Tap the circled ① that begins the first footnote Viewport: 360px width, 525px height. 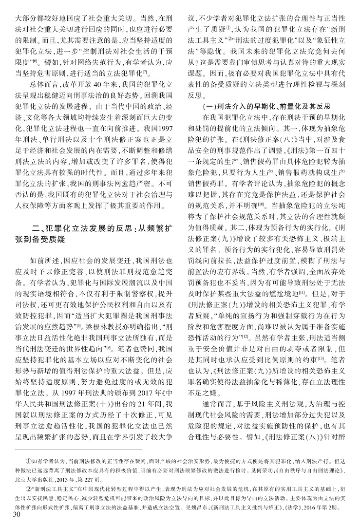(27, 460)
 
